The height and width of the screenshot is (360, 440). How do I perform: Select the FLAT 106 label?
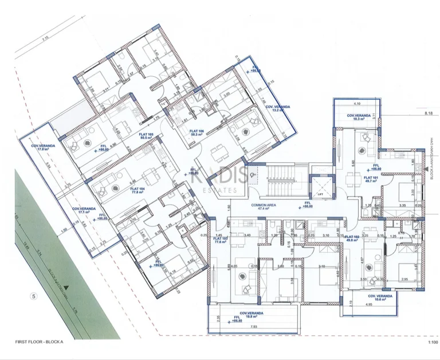[x=189, y=132]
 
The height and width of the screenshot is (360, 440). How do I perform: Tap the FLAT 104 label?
[x=136, y=190]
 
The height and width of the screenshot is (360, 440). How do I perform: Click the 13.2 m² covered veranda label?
[x=277, y=109]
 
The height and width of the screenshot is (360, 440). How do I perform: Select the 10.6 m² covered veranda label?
[x=379, y=298]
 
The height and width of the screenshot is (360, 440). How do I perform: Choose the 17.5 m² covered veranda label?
[x=44, y=148]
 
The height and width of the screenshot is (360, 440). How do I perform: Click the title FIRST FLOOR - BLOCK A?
[x=40, y=342]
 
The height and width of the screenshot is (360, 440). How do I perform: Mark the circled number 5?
[x=34, y=296]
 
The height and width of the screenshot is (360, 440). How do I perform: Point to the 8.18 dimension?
[x=428, y=114]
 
